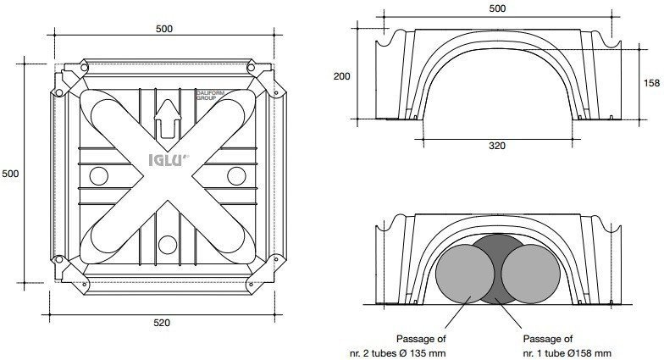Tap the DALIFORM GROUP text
click(x=211, y=95)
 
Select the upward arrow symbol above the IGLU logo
click(x=168, y=120)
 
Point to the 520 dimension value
click(x=162, y=323)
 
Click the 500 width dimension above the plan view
click(x=164, y=29)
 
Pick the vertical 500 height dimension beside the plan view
click(x=10, y=173)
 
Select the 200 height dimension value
click(x=342, y=76)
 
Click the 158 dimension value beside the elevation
click(x=651, y=83)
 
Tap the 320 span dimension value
click(x=497, y=146)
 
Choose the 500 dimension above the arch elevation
click(x=497, y=8)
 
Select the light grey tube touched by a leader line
click(x=465, y=274)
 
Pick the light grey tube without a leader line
click(x=531, y=274)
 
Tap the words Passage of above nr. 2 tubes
click(x=421, y=339)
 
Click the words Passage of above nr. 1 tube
click(x=547, y=339)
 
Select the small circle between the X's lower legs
click(x=168, y=245)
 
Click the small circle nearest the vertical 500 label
click(x=98, y=176)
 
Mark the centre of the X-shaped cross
click(x=168, y=176)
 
